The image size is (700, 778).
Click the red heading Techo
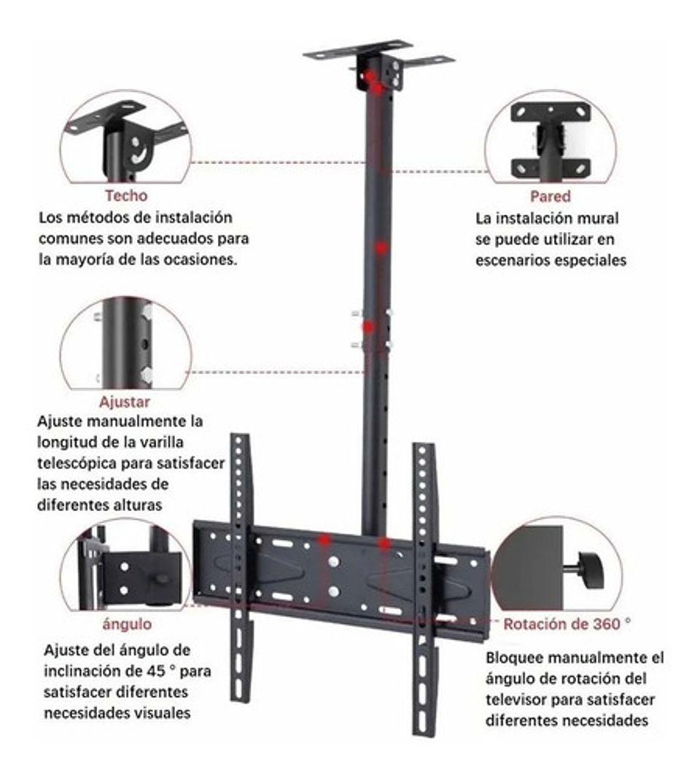point(126,195)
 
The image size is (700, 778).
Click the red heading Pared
point(550,196)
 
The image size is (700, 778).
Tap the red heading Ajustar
point(125,402)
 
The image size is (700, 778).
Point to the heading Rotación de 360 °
point(567,624)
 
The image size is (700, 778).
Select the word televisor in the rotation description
point(518,699)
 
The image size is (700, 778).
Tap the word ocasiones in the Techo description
point(201,259)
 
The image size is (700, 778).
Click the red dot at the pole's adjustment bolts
point(368,327)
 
